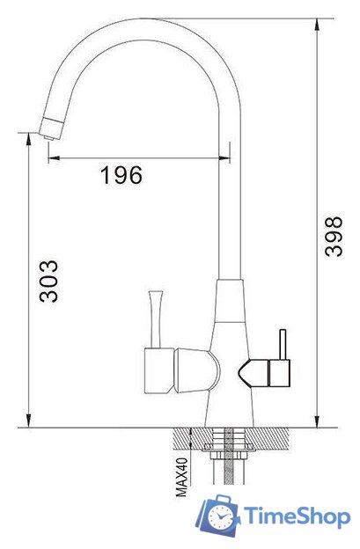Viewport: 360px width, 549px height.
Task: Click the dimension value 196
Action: coord(121,175)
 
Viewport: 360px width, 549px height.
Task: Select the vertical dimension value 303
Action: coord(48,281)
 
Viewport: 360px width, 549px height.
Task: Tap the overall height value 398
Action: coord(334,237)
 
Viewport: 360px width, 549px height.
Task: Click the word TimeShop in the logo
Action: coord(297,517)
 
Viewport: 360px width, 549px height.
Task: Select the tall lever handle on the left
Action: coord(155,318)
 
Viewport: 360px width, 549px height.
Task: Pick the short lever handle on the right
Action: coord(283,344)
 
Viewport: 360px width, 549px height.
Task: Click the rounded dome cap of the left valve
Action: coord(198,370)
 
